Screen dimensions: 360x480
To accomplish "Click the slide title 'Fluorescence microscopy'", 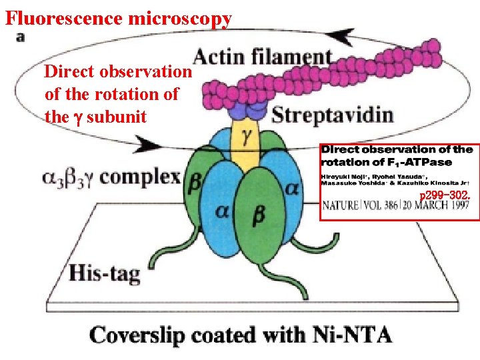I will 119,17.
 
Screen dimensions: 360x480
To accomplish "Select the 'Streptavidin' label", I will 332,115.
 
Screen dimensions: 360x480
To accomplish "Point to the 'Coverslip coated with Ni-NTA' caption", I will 240,333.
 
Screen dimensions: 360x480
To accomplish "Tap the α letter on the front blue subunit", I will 223,211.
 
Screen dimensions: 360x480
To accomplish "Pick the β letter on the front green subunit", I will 259,215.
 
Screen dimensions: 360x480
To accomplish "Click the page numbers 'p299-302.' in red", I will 445,195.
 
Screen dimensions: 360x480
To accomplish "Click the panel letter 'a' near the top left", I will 20,37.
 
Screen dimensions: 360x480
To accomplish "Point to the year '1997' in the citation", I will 459,206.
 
